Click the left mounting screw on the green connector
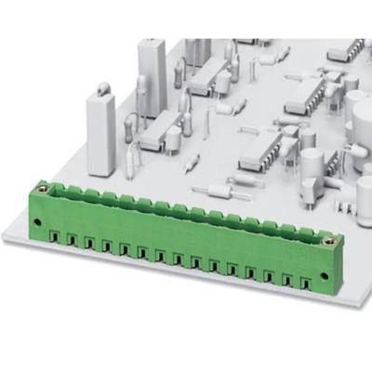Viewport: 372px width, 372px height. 40,221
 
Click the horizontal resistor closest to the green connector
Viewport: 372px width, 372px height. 218,192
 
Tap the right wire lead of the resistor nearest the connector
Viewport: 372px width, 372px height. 244,198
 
